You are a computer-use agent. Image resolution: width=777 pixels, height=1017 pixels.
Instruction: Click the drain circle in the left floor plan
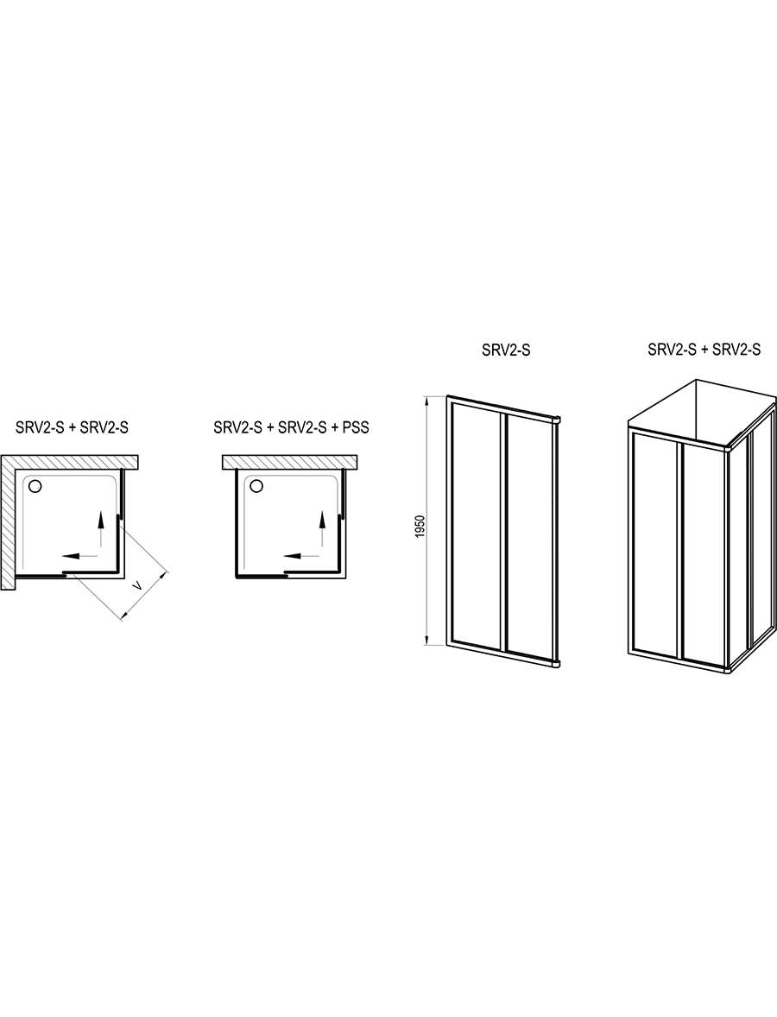pos(35,485)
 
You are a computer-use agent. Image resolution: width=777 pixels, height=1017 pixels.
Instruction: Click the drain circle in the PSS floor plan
pos(256,485)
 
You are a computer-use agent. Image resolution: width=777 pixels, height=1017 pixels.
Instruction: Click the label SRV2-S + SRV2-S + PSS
pos(291,429)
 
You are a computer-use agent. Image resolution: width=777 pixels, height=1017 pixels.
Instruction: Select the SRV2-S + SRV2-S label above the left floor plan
pos(73,429)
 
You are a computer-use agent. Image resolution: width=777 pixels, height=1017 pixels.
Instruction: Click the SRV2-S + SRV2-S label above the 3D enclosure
pos(704,351)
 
